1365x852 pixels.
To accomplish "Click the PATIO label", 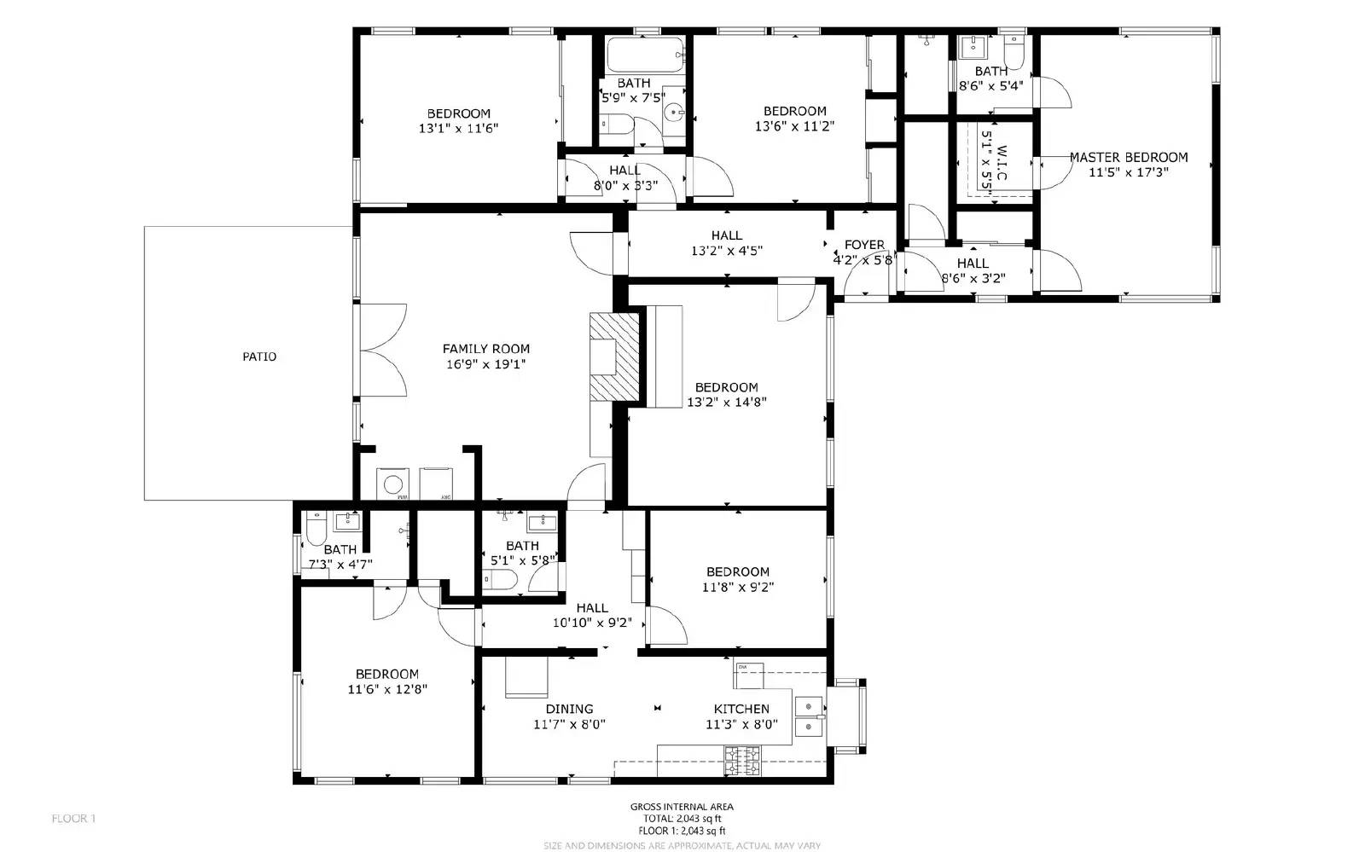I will [259, 356].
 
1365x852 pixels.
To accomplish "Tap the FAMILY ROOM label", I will [485, 348].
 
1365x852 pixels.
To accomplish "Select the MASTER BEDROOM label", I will [1128, 157].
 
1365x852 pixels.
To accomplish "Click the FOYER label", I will [864, 245].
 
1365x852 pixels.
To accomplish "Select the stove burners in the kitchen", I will [742, 761].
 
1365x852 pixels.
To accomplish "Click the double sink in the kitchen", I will [808, 716].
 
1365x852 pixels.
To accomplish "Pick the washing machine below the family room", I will [393, 484].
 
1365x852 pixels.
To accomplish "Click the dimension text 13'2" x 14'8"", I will [727, 402].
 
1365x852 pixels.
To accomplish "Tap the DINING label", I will [569, 709].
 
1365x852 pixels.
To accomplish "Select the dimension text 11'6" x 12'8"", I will [387, 689].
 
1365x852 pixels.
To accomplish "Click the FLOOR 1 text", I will [73, 819].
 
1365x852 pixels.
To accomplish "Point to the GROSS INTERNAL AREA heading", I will [682, 807].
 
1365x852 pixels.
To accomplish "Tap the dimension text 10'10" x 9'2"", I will [592, 623].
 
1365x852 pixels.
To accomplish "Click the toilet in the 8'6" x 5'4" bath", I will [1014, 47].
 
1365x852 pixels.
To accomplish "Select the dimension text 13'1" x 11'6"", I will [458, 129].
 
